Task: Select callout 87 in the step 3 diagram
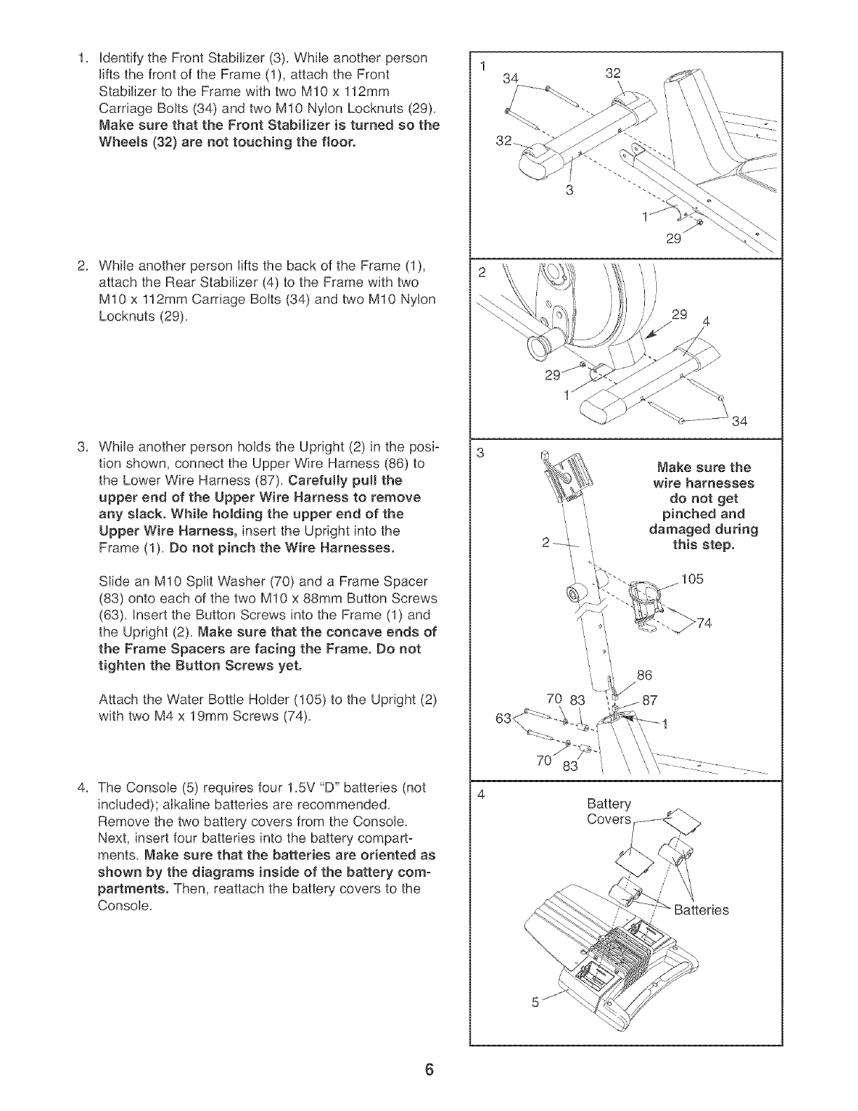(648, 700)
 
